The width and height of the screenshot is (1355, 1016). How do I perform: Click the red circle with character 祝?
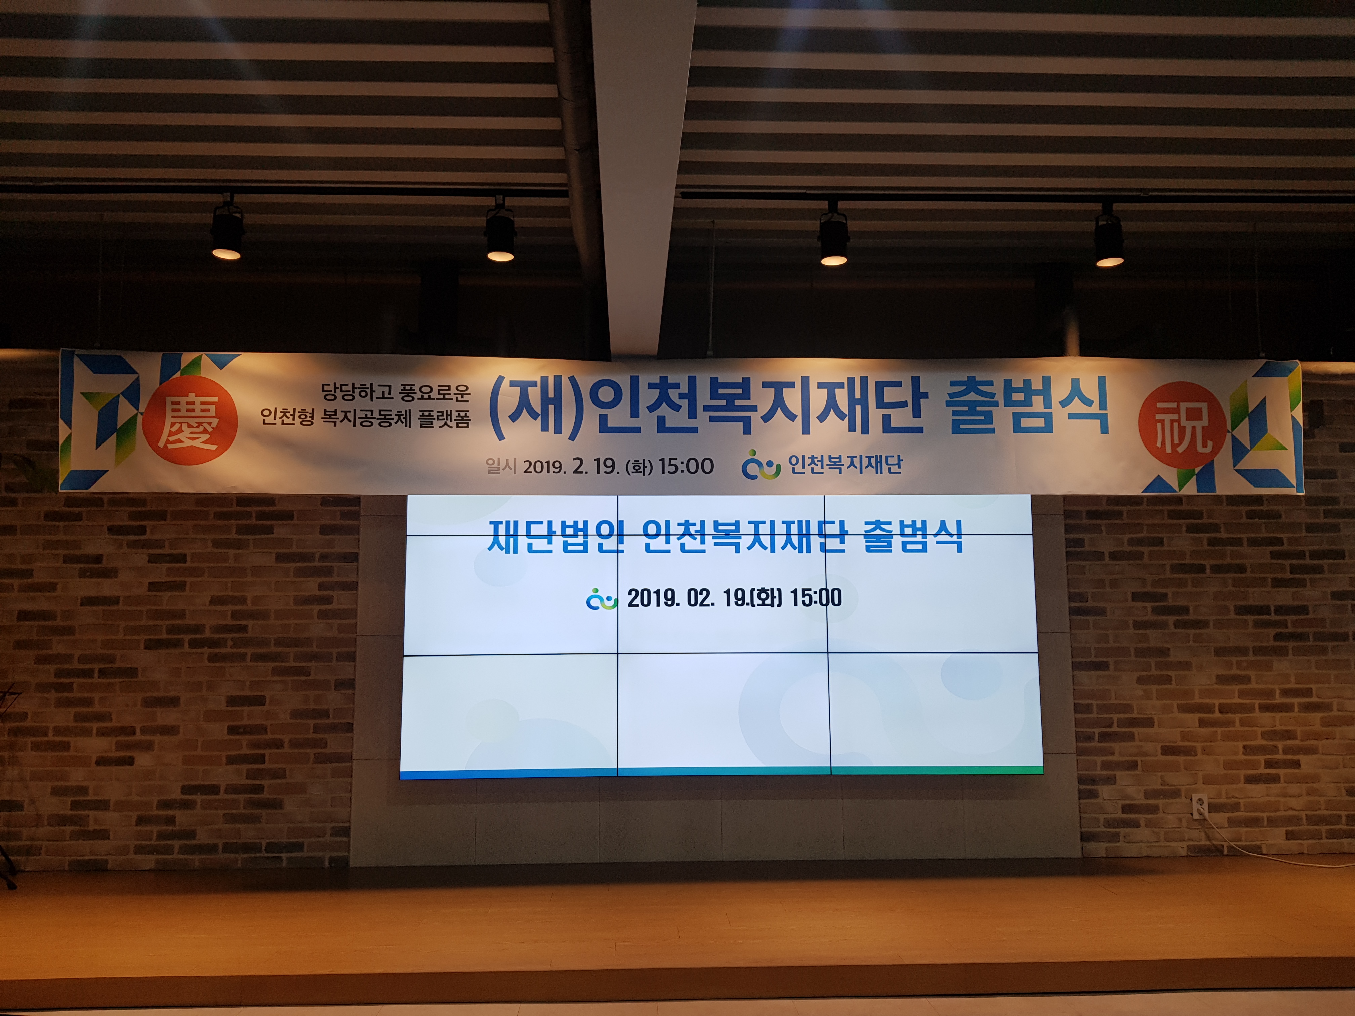click(x=1183, y=425)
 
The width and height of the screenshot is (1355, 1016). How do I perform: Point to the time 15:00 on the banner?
click(x=686, y=467)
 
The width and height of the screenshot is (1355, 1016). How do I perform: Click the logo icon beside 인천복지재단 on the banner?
click(x=761, y=465)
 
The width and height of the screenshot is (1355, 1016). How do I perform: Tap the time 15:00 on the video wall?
click(x=816, y=598)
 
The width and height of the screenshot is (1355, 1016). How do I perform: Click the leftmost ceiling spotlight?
click(x=227, y=230)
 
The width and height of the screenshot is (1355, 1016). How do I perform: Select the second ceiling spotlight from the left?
click(x=500, y=231)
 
